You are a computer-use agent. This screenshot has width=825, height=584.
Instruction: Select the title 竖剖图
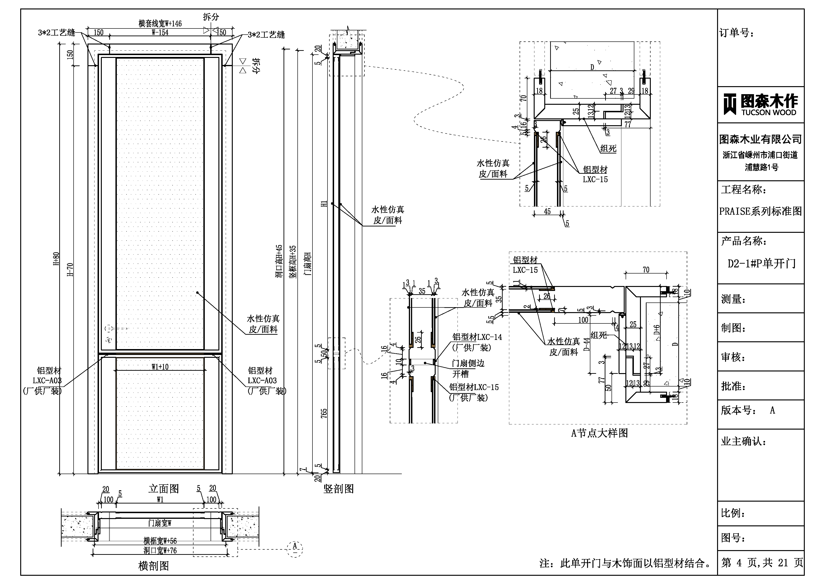(339, 489)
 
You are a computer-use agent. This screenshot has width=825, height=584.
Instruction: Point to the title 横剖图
(154, 566)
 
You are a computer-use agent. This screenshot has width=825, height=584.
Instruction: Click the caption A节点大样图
(599, 433)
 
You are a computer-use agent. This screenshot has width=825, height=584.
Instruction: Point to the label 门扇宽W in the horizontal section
(160, 523)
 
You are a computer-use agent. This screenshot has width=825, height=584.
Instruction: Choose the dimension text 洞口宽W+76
(160, 551)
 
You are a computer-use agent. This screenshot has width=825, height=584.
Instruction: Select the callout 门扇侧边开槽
(468, 368)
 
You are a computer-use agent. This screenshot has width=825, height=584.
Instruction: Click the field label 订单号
(737, 33)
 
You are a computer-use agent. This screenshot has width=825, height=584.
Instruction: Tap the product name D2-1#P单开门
(761, 264)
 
